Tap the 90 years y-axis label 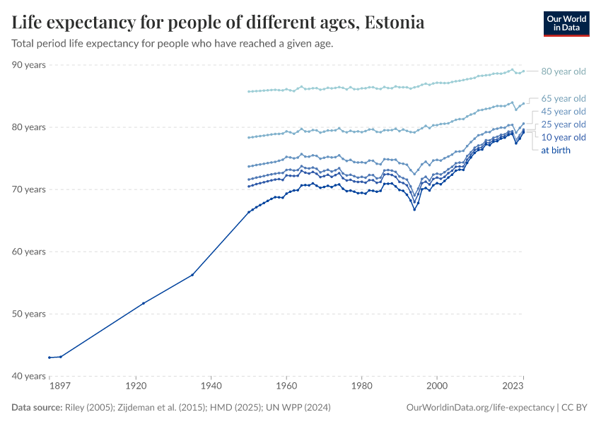28,65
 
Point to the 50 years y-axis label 28,314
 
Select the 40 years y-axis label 28,376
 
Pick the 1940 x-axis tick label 211,387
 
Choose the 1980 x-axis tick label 361,387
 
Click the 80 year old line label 563,71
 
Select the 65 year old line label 563,98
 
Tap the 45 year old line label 563,112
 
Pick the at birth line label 556,150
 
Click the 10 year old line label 563,137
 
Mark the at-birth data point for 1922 144,303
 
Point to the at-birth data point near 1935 192,274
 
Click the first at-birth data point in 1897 49,358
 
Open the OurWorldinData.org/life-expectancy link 481,408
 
